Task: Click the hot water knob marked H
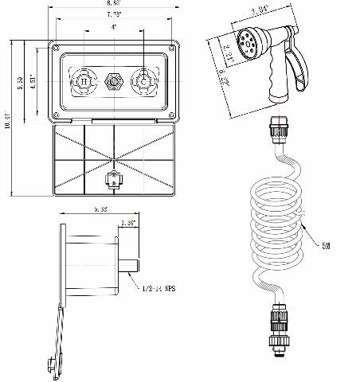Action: point(81,81)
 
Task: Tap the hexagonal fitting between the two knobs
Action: point(112,81)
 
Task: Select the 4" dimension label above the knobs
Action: point(114,27)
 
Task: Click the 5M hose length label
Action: point(326,248)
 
